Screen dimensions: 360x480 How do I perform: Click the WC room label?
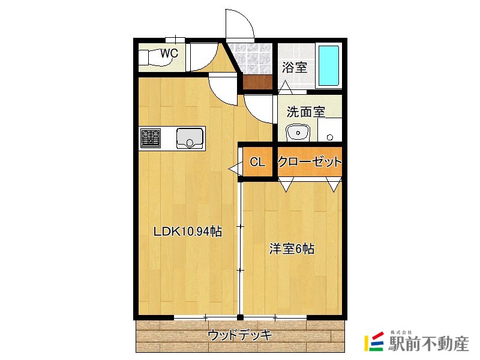[x=169, y=53]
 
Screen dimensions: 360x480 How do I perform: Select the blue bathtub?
[x=329, y=65]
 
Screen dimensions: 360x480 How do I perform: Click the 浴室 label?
[x=295, y=67]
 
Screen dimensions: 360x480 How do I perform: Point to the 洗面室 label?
[x=305, y=112]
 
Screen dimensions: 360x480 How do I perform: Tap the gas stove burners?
[x=150, y=138]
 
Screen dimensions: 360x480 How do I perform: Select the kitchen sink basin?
[x=190, y=138]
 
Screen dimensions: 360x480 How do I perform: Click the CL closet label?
[x=257, y=161]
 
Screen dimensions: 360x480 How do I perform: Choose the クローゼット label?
[x=310, y=161]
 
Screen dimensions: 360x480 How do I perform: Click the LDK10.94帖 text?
[x=188, y=232]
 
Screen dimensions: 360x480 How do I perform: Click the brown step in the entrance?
[x=257, y=82]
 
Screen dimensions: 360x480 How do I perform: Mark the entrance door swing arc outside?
[x=239, y=24]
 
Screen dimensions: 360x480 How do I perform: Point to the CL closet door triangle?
[x=234, y=170]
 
